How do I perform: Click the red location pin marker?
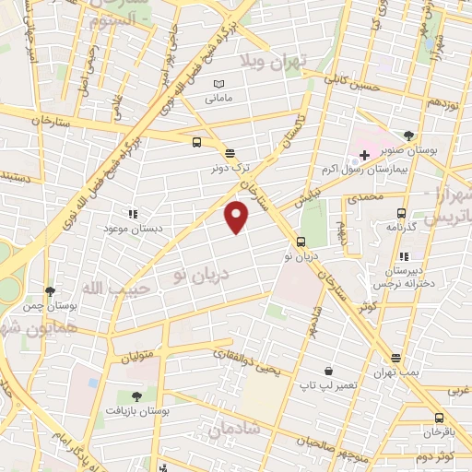[x=237, y=216]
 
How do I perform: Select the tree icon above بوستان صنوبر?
[x=408, y=136]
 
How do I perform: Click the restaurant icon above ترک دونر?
[x=229, y=153]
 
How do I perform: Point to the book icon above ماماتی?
[x=218, y=84]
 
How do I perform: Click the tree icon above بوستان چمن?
[x=51, y=291]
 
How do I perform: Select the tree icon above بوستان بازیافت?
[x=136, y=395]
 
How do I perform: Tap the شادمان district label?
[x=235, y=430]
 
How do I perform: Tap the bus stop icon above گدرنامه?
[x=399, y=213]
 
